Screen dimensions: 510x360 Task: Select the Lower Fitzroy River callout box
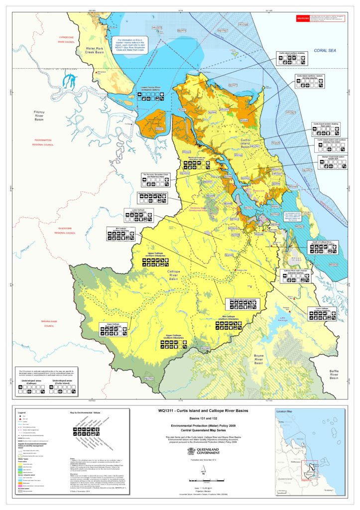click(151, 95)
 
